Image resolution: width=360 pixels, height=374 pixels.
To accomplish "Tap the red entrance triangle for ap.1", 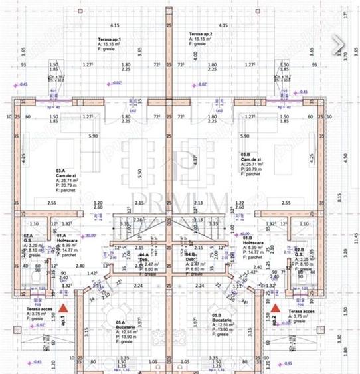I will click(63, 308).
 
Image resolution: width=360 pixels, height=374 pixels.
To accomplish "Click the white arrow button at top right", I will click(339, 44).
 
